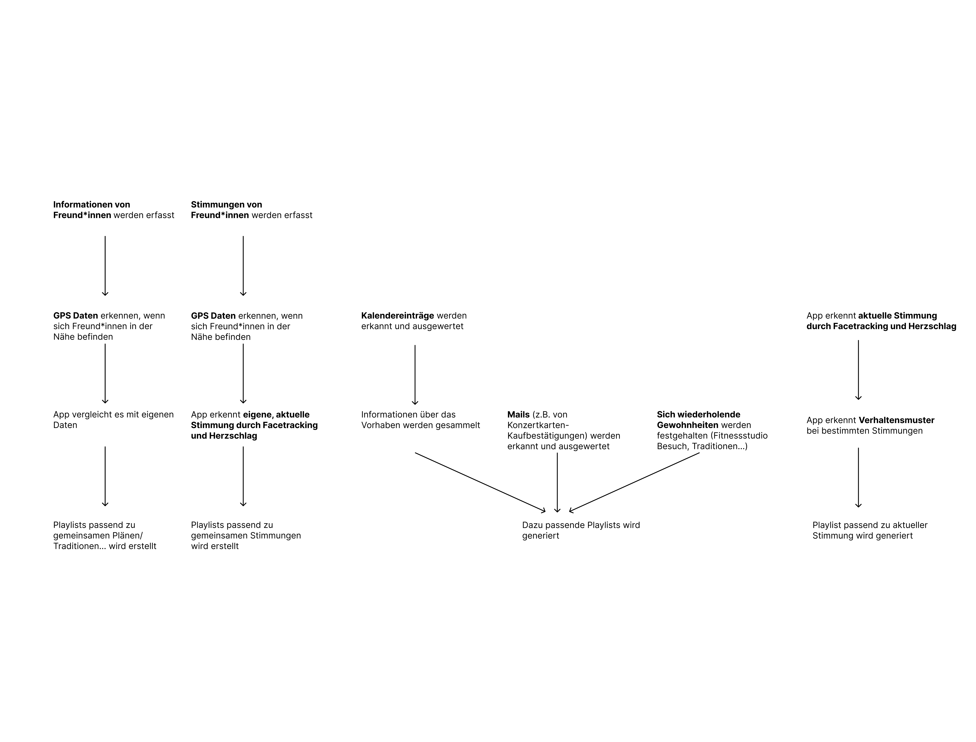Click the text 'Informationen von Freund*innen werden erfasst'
coord(113,210)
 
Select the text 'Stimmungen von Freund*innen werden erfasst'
coord(251,210)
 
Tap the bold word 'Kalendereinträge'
coord(397,316)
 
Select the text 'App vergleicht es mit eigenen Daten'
coord(113,420)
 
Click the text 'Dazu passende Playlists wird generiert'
coord(581,530)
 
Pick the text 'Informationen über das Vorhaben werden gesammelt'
coord(420,420)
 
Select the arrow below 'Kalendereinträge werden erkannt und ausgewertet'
coord(415,375)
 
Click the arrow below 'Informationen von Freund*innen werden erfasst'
coord(105,266)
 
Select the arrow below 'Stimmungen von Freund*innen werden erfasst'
coord(243,266)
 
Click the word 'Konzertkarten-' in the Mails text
coord(538,425)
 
